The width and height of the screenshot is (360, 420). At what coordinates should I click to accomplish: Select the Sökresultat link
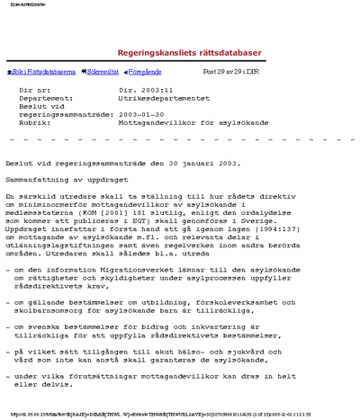(101, 71)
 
